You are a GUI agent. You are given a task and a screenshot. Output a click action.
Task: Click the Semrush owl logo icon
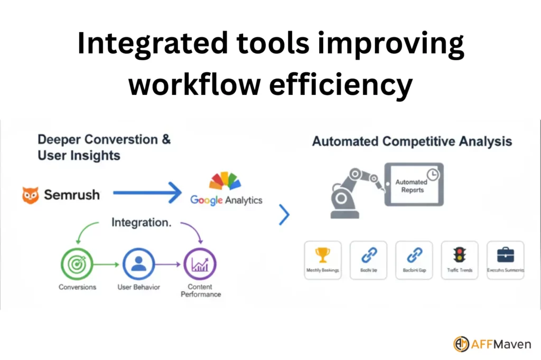pyautogui.click(x=31, y=195)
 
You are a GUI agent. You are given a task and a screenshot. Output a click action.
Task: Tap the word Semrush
pyautogui.click(x=71, y=195)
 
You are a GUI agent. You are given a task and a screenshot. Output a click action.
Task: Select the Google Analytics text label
pyautogui.click(x=226, y=200)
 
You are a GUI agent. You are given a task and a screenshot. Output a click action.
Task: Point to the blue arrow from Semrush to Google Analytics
pyautogui.click(x=147, y=194)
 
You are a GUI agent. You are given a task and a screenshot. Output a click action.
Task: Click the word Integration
pyautogui.click(x=141, y=223)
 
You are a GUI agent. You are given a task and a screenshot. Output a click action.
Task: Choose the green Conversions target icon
pyautogui.click(x=77, y=263)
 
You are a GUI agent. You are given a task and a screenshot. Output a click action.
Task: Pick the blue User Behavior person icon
pyautogui.click(x=138, y=263)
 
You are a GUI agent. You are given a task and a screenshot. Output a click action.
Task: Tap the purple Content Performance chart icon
pyautogui.click(x=200, y=263)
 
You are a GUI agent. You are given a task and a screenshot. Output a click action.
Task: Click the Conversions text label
pyautogui.click(x=77, y=287)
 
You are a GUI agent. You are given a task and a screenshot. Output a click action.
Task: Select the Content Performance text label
pyautogui.click(x=200, y=290)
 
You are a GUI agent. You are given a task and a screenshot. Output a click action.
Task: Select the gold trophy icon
pyautogui.click(x=322, y=255)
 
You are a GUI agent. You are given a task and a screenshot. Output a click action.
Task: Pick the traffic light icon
pyautogui.click(x=458, y=255)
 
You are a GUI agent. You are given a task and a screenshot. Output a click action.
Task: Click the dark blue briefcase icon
pyautogui.click(x=506, y=255)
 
